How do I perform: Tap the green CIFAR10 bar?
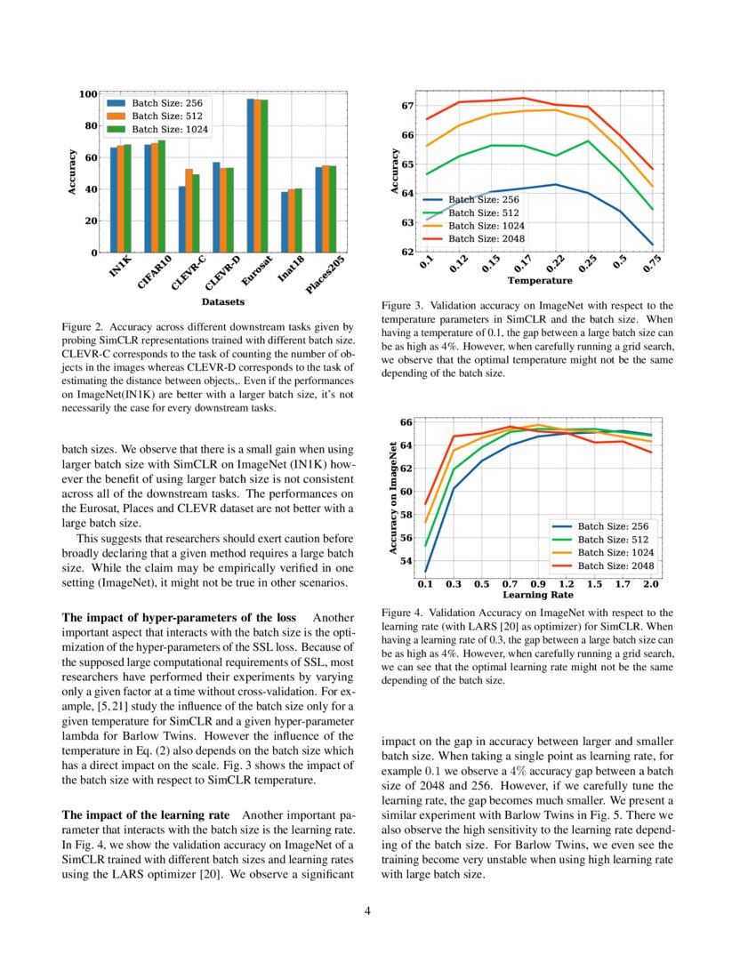(161, 196)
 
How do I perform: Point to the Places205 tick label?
(325, 277)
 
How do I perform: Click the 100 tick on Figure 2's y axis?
(87, 94)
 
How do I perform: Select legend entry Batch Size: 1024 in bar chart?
(170, 129)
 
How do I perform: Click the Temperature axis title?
(539, 281)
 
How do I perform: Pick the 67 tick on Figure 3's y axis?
(407, 106)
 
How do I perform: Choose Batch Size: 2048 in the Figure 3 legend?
(486, 238)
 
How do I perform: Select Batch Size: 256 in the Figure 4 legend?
(613, 526)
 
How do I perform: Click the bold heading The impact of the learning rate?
(147, 815)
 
